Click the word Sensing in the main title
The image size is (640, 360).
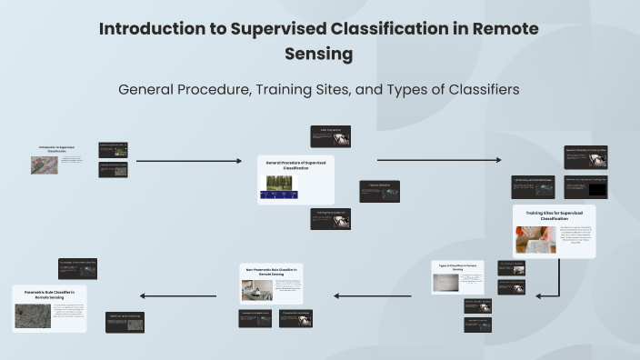(319, 54)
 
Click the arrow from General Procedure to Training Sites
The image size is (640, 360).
(438, 160)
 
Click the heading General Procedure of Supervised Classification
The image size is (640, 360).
(295, 165)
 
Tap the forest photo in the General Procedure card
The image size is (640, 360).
(280, 185)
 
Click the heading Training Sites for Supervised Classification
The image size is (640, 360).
(554, 215)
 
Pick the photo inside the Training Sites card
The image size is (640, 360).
(535, 239)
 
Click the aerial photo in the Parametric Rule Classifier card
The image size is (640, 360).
(33, 315)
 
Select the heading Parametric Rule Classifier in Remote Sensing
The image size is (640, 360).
(50, 295)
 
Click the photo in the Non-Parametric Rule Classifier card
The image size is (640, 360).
(252, 290)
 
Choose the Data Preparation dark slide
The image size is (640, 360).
(330, 136)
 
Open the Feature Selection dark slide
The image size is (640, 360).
(379, 191)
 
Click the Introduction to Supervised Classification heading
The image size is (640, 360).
(58, 148)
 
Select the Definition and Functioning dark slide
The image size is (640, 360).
(125, 322)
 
